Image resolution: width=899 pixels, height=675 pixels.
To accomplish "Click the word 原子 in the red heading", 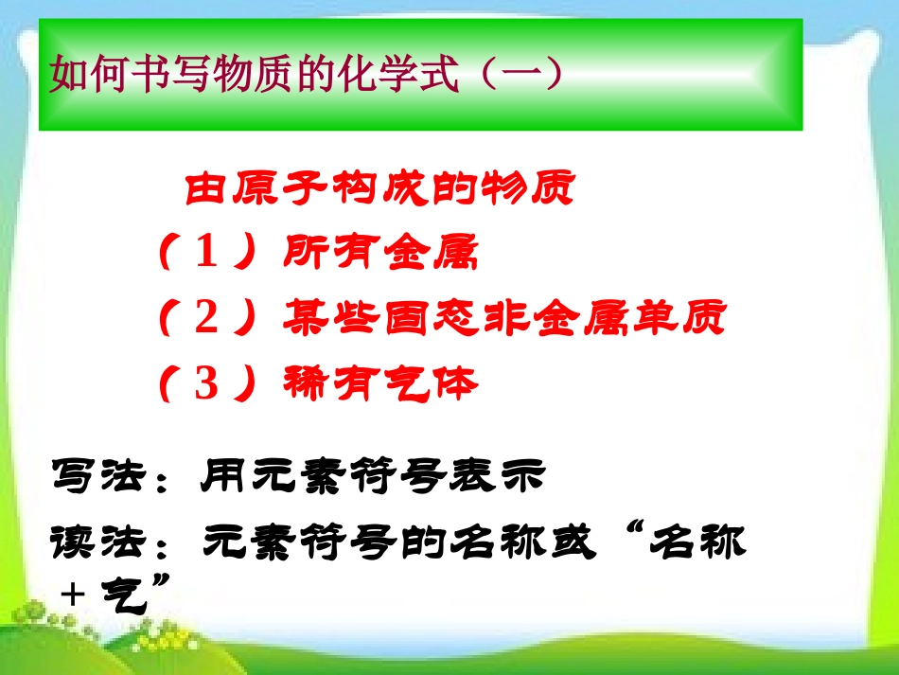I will pyautogui.click(x=282, y=189).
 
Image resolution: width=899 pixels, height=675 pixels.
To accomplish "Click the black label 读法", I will pyautogui.click(x=98, y=542).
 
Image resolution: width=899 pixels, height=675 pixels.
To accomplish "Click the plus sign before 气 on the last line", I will pyautogui.click(x=72, y=594).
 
